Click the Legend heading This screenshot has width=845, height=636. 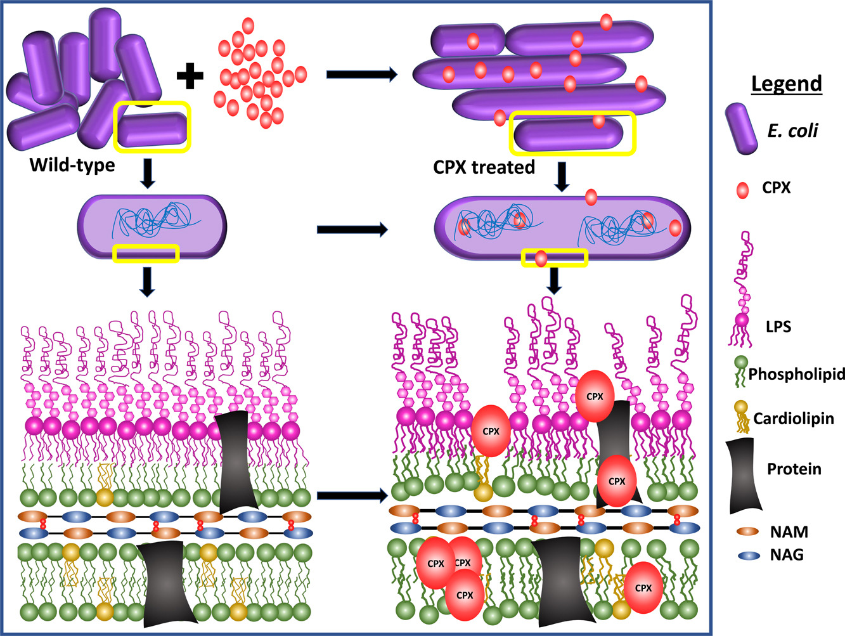[x=786, y=84]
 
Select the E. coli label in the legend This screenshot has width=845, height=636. [x=792, y=131]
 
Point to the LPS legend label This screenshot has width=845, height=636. [x=778, y=327]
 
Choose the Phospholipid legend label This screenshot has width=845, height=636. [x=796, y=374]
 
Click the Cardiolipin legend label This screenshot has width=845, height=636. [x=794, y=419]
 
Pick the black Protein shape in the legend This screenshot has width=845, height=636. [x=742, y=476]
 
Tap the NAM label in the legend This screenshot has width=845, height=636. [x=789, y=532]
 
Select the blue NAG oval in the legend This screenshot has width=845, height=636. [x=749, y=555]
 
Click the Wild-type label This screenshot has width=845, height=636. [x=72, y=165]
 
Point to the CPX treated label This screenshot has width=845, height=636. [x=484, y=167]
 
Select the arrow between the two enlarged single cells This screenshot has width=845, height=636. [x=352, y=230]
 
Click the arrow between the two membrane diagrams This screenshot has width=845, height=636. [x=352, y=495]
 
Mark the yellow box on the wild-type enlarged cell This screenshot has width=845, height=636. [x=146, y=254]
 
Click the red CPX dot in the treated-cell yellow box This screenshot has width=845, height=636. [x=541, y=259]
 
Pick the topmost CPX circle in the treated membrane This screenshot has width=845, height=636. [x=595, y=396]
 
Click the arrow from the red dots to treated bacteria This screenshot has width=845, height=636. [x=361, y=75]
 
